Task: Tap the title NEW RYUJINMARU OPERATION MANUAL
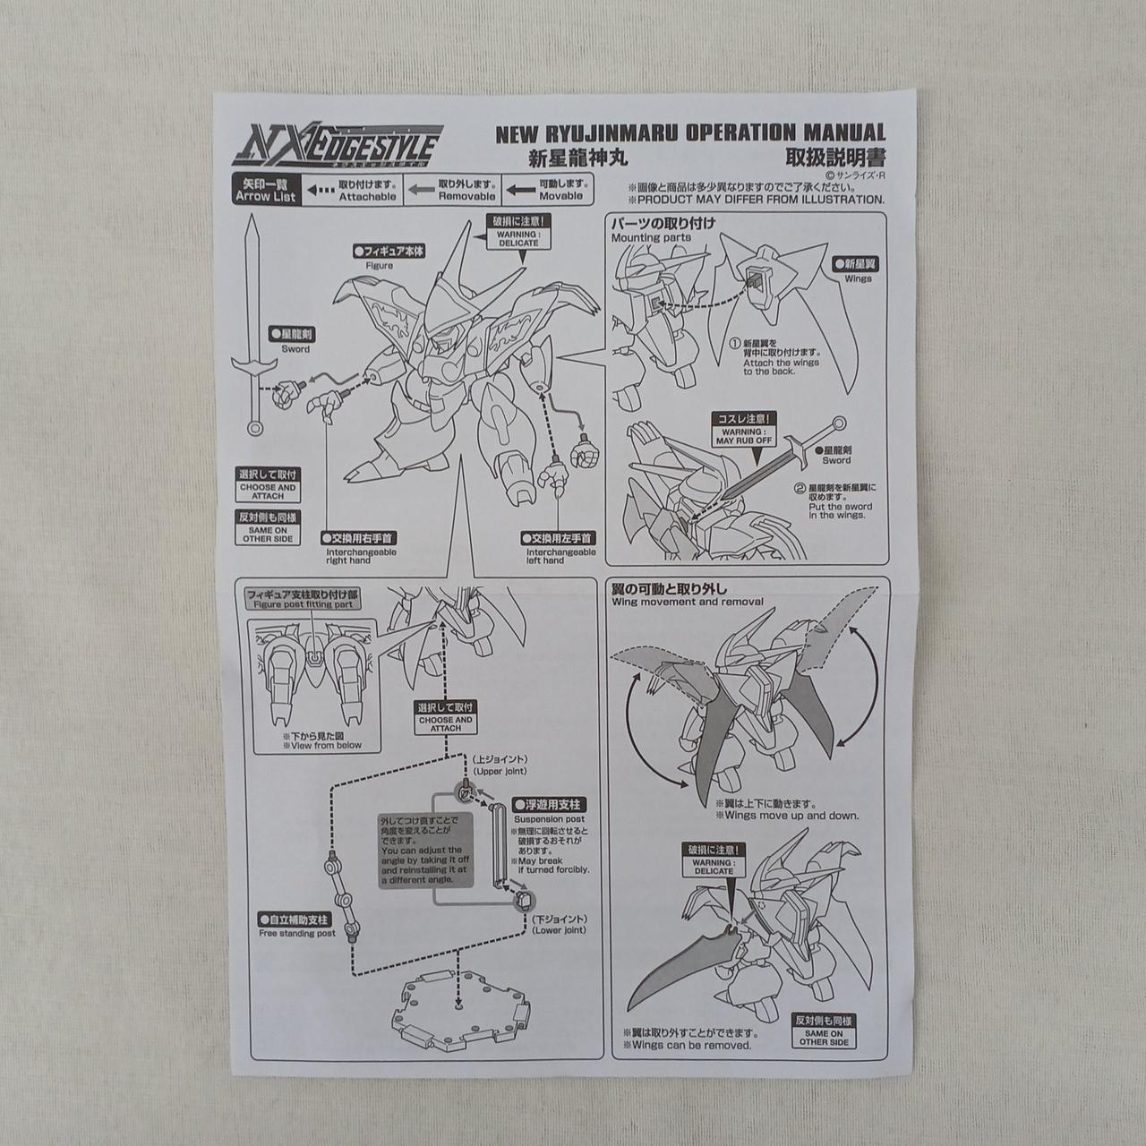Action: [690, 133]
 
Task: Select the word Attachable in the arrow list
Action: [367, 196]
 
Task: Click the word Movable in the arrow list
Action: [560, 196]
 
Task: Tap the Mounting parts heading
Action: [651, 238]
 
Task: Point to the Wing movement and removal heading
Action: [688, 602]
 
